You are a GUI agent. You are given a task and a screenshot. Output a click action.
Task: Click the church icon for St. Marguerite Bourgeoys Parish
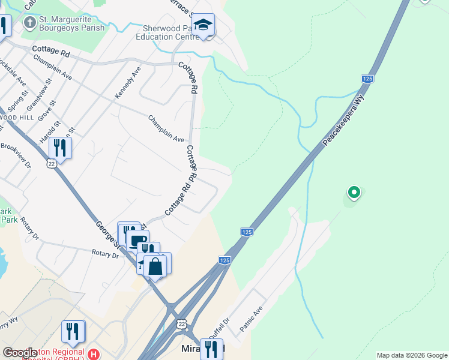tap(29, 23)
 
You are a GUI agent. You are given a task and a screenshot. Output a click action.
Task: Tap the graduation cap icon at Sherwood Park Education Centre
tap(204, 25)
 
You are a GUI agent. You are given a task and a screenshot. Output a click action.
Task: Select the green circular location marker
tap(354, 193)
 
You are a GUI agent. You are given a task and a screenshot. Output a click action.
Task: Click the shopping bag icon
tap(155, 266)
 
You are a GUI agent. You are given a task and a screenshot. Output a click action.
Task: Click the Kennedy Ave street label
tap(127, 83)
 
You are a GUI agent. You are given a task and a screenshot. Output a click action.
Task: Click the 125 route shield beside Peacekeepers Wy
tap(368, 79)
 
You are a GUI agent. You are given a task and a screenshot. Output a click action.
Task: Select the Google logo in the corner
tap(20, 353)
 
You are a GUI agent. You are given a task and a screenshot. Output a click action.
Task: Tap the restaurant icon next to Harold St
tap(59, 146)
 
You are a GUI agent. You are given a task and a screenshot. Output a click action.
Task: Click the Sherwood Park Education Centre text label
tap(170, 32)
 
